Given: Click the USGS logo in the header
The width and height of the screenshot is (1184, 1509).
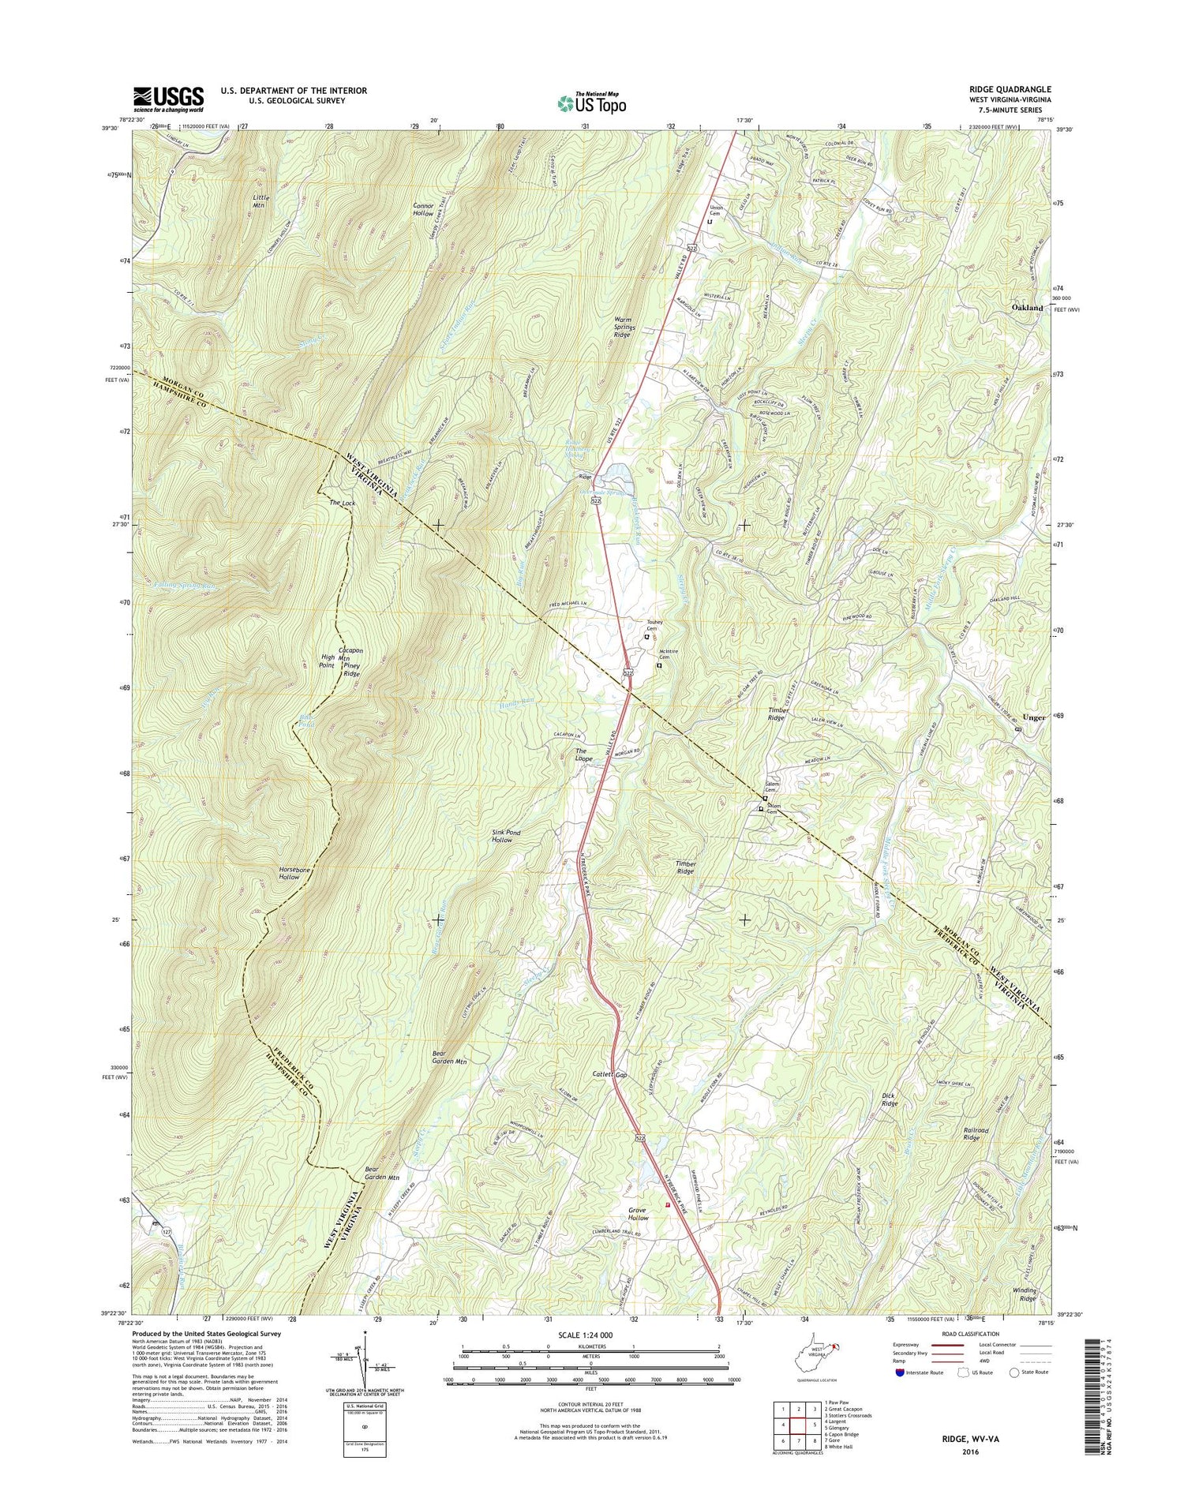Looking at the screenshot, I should (x=168, y=99).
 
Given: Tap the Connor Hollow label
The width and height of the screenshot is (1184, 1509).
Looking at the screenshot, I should (x=423, y=209).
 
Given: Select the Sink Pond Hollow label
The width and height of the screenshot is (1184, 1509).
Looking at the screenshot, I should (x=502, y=836).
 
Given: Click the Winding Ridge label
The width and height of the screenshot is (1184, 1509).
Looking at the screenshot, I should (x=1027, y=1294).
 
